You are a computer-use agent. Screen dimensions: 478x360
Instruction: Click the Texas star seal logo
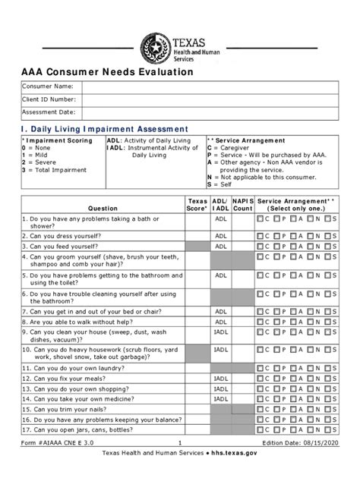pos(157,49)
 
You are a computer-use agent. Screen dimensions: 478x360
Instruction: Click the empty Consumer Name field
pos(210,86)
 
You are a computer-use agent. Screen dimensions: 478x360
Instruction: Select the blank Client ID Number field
pos(210,99)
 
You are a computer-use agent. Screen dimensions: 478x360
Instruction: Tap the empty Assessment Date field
pos(210,112)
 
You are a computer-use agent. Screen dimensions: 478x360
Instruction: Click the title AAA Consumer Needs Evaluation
pos(107,72)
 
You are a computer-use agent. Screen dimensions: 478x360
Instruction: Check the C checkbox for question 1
pos(261,219)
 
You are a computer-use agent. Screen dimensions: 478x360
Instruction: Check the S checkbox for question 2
pos(327,236)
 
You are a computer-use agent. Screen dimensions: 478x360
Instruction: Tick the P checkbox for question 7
pos(277,311)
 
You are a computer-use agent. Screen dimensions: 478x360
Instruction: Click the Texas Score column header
pos(197,204)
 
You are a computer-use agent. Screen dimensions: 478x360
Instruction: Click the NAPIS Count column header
pos(243,204)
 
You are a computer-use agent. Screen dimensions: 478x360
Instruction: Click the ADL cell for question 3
pos(221,246)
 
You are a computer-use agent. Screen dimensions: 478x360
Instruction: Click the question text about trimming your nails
pos(68,410)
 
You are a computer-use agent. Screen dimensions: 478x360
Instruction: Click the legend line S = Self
pos(219,184)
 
